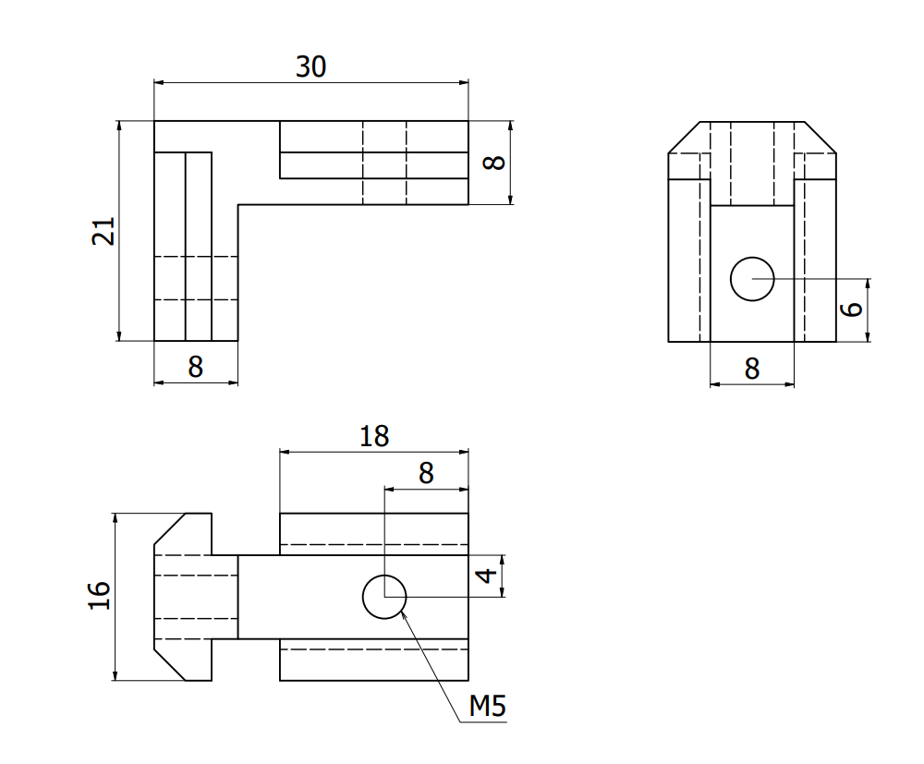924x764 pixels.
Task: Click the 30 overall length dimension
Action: point(310,67)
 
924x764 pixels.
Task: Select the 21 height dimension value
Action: point(103,231)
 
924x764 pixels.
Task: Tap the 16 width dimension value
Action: point(100,596)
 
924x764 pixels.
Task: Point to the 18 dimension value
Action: point(374,436)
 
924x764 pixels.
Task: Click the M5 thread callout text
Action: point(487,707)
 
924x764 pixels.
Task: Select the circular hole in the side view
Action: point(752,279)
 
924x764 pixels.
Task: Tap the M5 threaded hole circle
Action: point(384,597)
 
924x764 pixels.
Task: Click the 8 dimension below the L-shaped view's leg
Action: point(195,367)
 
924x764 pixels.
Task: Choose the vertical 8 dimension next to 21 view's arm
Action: point(495,163)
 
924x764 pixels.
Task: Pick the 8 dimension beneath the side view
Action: point(751,369)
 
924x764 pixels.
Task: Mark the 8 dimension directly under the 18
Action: point(425,473)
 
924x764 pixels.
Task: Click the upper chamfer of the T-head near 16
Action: point(170,529)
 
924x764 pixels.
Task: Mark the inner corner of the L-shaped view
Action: point(238,204)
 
